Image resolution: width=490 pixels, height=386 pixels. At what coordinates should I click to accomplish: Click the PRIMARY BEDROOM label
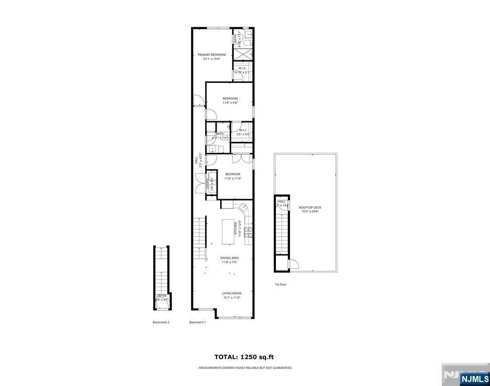[212, 54]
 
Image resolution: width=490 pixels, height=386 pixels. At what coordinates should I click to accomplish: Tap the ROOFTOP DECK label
[310, 207]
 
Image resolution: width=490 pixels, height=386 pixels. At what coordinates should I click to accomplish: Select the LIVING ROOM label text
[232, 293]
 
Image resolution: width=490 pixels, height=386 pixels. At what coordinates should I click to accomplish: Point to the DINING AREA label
[229, 258]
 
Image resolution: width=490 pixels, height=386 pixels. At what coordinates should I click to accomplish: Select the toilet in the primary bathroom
[248, 37]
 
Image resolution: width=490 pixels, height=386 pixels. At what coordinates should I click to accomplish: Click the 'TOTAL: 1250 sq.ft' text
[244, 357]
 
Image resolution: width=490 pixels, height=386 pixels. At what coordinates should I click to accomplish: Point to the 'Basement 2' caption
[161, 322]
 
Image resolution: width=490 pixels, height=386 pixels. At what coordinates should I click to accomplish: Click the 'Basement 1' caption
[198, 322]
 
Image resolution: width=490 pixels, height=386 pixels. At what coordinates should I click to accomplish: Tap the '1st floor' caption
[280, 284]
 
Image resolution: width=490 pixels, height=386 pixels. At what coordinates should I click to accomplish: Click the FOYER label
[162, 296]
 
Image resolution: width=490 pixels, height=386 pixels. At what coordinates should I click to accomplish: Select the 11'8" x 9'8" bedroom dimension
[230, 103]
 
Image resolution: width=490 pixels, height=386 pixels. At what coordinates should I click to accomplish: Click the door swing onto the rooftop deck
[294, 263]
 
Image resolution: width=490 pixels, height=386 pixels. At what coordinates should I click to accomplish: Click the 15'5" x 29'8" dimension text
[310, 212]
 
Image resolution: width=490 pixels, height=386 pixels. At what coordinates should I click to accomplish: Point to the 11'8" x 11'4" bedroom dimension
[233, 178]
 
